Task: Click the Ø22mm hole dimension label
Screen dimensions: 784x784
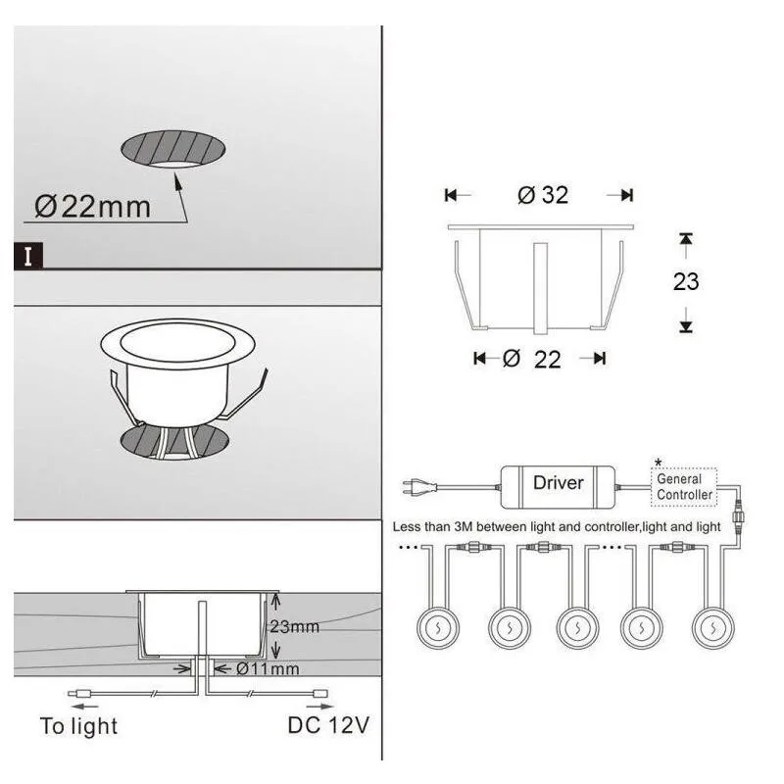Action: pyautogui.click(x=92, y=207)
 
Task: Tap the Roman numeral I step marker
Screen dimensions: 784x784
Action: pyautogui.click(x=28, y=257)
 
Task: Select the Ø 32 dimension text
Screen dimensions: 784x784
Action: pyautogui.click(x=543, y=195)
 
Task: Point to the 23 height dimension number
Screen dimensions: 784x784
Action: pyautogui.click(x=686, y=281)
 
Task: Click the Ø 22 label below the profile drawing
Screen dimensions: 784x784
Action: pyautogui.click(x=532, y=359)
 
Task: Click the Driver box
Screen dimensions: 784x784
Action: pyautogui.click(x=558, y=487)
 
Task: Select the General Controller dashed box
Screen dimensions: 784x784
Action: pyautogui.click(x=684, y=487)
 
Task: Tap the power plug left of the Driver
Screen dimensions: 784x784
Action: pyautogui.click(x=420, y=487)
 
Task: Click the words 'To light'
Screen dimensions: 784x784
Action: pyautogui.click(x=79, y=726)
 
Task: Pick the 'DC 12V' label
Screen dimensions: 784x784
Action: pyautogui.click(x=328, y=725)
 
